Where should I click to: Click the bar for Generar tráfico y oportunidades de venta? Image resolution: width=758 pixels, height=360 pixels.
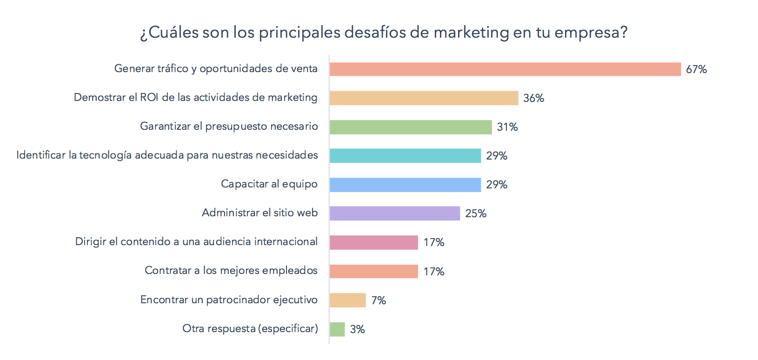(505, 69)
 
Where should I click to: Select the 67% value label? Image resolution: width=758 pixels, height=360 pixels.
(696, 69)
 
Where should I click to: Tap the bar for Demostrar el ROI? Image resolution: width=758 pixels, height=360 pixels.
(424, 98)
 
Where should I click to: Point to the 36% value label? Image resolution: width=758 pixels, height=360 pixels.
(533, 98)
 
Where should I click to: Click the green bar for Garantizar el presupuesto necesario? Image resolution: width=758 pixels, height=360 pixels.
(411, 127)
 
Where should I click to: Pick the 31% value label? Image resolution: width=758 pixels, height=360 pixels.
(507, 127)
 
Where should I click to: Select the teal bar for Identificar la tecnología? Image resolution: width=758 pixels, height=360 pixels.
(405, 156)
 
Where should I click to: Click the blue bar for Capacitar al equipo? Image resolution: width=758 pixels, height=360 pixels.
(405, 185)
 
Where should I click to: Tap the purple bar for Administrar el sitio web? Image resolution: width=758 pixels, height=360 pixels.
(395, 213)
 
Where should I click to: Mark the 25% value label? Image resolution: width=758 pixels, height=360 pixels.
(476, 213)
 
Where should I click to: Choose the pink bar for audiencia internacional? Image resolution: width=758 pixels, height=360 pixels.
(374, 242)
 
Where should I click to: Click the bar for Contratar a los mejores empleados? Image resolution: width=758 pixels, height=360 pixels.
(374, 271)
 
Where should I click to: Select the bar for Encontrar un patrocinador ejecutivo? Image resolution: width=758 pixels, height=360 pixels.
(348, 300)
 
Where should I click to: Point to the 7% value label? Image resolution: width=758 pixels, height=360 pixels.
(379, 300)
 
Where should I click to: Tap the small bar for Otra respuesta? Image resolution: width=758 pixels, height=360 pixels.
(337, 329)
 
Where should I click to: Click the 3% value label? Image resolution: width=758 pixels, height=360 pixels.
(357, 329)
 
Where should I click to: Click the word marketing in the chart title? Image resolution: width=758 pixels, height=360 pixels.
(471, 33)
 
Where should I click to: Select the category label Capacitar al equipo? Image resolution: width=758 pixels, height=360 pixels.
(269, 184)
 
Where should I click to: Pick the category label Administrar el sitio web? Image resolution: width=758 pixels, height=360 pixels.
(259, 213)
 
